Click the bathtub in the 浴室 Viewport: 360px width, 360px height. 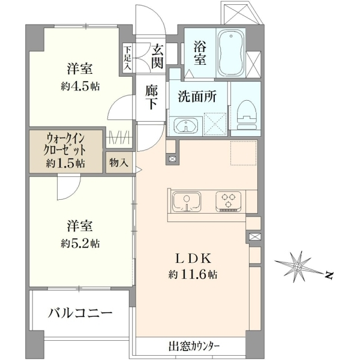click(x=230, y=53)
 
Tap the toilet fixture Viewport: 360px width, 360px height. click(x=247, y=115)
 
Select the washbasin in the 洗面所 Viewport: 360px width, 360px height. click(x=186, y=126)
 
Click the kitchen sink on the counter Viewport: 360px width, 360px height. click(x=187, y=202)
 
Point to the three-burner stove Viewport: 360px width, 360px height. click(x=228, y=202)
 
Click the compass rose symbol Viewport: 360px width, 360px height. click(x=298, y=266)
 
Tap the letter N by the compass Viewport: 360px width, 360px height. click(x=329, y=275)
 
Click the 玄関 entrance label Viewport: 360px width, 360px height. click(x=157, y=57)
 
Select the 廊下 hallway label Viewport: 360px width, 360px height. click(x=151, y=98)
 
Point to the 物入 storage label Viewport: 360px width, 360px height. click(x=118, y=163)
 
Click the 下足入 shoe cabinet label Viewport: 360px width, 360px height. click(x=127, y=58)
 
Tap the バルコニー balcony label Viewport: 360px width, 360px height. click(x=80, y=313)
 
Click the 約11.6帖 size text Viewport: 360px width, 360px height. click(x=193, y=274)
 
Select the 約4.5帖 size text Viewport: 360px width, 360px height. click(x=80, y=86)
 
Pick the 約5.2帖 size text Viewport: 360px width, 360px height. click(x=80, y=244)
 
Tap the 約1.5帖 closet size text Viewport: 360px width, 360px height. click(x=65, y=163)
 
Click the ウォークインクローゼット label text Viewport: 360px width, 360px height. click(x=65, y=145)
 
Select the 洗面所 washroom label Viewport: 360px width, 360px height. click(x=197, y=97)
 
